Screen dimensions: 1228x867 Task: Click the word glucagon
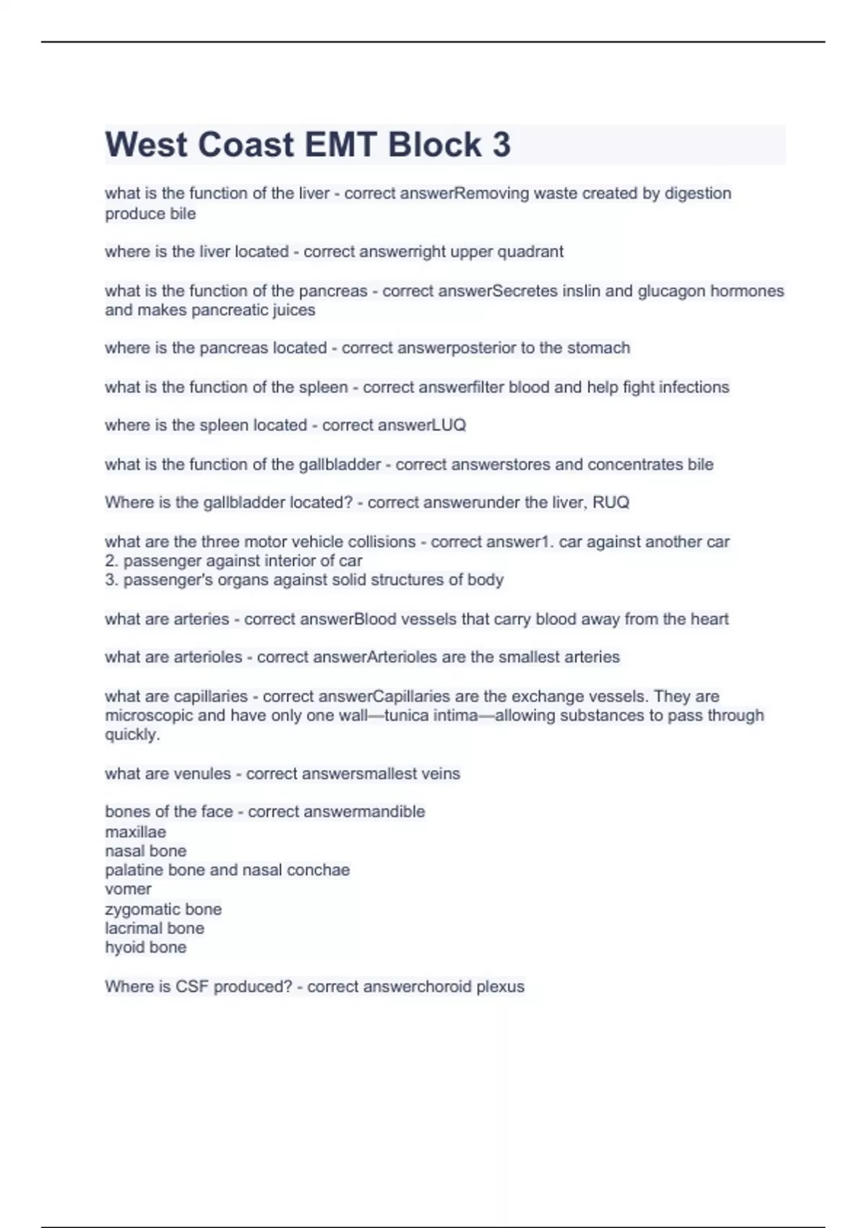coord(671,291)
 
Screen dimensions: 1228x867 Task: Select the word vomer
coord(128,889)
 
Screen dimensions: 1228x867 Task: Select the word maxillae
coord(135,832)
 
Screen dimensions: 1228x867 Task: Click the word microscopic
coord(149,716)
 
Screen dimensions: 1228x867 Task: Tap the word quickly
coord(131,735)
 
